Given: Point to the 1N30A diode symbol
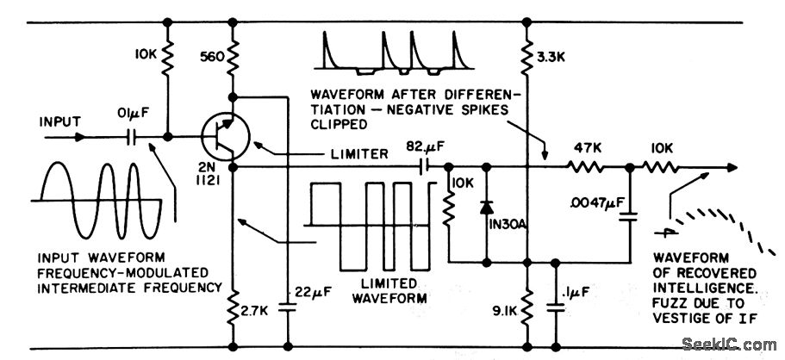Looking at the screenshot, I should coord(487,208).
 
